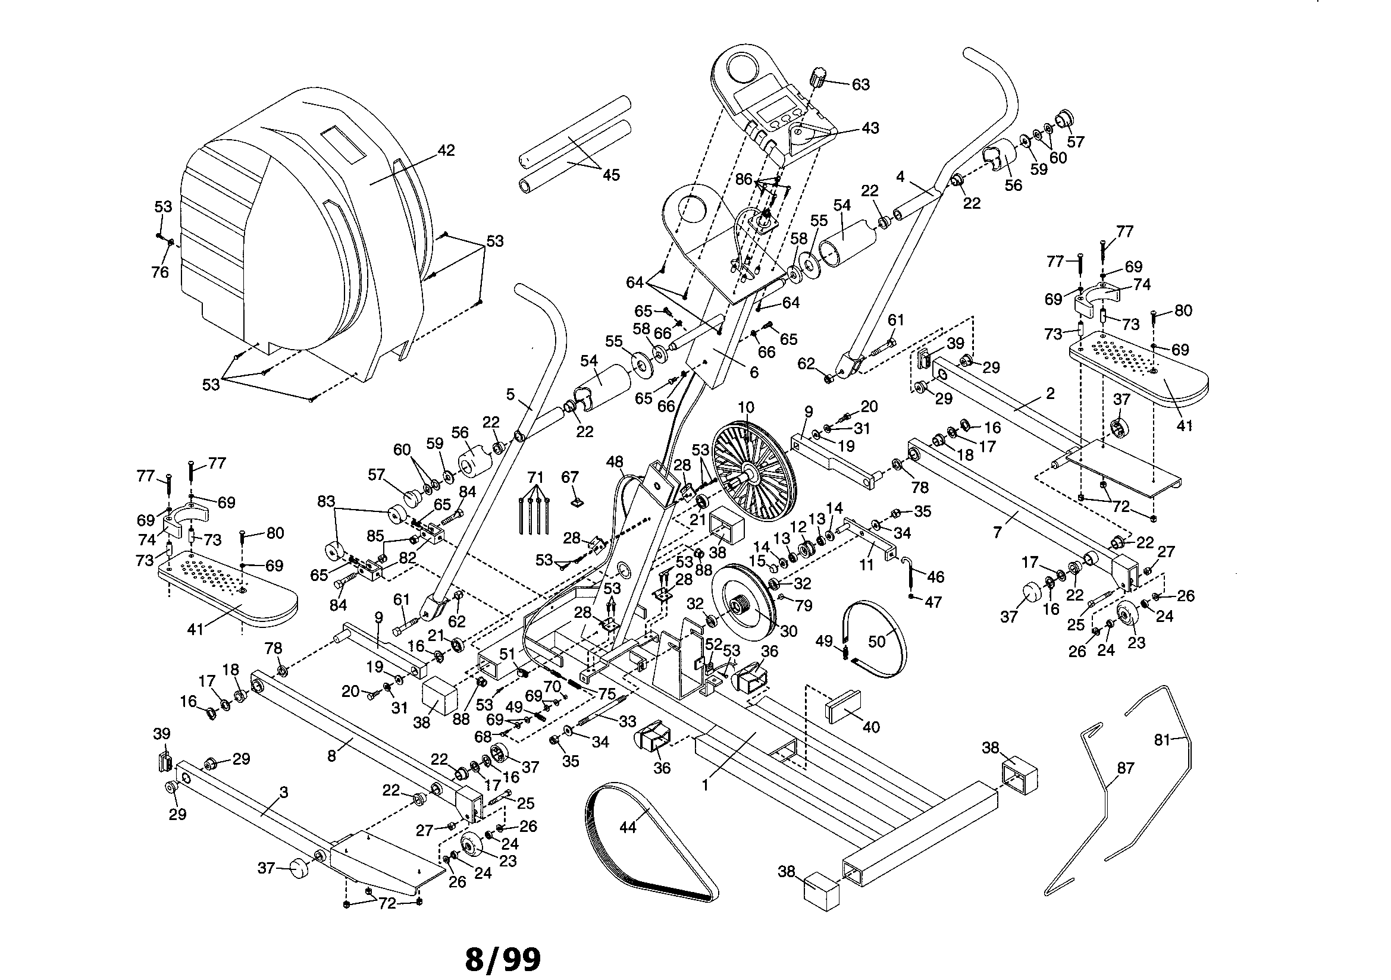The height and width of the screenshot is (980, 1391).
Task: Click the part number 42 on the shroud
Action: [446, 150]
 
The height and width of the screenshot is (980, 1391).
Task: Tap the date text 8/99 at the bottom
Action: [503, 959]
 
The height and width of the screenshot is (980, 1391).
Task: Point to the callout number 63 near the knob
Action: [860, 84]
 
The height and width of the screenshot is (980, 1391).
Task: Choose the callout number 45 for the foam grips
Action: [610, 174]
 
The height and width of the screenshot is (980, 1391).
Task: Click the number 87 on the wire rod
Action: [1125, 768]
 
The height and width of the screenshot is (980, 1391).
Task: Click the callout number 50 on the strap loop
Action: [877, 641]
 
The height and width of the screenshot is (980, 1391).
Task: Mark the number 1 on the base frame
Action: [705, 785]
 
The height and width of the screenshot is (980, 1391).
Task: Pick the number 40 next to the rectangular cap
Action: [870, 726]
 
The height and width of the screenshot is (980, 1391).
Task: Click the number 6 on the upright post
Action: [754, 373]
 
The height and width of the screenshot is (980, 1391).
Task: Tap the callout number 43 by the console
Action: [870, 128]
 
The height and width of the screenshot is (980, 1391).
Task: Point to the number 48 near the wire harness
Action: [615, 461]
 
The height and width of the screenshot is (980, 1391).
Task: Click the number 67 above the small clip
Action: [570, 478]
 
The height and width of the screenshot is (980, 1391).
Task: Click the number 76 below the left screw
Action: [160, 272]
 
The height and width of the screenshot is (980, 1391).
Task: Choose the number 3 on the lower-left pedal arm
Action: [284, 792]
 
